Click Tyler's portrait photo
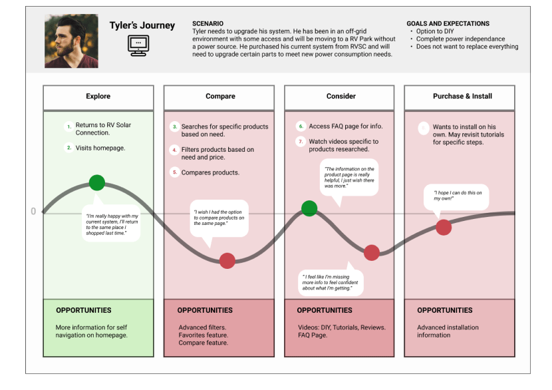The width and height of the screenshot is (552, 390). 72,41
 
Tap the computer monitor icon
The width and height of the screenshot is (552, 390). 138,45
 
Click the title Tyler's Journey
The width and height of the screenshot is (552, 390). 142,26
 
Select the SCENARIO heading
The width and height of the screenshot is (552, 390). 207,23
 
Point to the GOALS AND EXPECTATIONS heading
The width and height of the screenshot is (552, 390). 448,23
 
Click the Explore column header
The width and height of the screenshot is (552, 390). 98,97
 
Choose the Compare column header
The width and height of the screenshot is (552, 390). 220,97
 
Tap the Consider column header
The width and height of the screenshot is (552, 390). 341,97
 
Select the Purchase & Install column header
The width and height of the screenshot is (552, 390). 462,97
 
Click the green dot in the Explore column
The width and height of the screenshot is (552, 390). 97,182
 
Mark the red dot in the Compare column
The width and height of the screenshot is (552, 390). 227,261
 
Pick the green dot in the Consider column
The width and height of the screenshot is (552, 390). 309,208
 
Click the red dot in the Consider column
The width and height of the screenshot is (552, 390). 371,252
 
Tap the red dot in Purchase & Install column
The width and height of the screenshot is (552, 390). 444,227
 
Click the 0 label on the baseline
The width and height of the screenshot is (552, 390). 33,212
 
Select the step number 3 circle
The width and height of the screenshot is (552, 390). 175,126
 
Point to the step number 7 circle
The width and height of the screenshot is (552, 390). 301,142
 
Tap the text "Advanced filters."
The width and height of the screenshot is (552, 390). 202,327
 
